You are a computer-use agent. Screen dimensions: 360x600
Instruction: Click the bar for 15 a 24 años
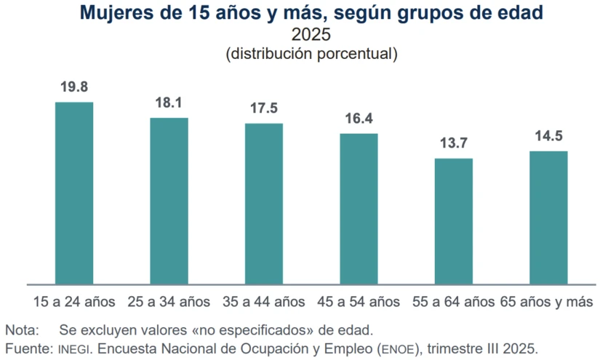coord(74,193)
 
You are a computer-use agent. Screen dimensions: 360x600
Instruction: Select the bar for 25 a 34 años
coord(169,201)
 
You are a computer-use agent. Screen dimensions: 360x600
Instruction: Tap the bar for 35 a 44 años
coord(264,204)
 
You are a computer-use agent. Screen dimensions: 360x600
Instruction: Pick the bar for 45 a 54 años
coord(359,209)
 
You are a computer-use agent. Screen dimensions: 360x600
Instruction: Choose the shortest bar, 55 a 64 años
coord(454,221)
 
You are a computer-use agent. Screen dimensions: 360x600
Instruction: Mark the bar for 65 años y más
coord(548,217)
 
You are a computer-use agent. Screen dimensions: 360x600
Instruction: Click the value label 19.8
coord(74,87)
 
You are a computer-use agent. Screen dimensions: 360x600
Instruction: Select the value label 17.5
coord(264,108)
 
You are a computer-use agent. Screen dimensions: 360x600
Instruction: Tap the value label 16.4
coord(359,119)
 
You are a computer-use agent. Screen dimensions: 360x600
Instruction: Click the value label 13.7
coord(454,143)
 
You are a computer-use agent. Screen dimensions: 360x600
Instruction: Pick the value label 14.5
coord(548,136)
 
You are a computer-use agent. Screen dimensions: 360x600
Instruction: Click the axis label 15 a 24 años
coord(74,301)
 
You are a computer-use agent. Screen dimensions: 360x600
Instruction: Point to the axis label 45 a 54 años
coord(359,301)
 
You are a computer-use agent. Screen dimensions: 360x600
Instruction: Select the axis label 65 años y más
coord(546,301)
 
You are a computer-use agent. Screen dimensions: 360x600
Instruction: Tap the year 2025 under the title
coord(311,34)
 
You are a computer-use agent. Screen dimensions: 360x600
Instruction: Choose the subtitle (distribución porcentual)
coord(311,53)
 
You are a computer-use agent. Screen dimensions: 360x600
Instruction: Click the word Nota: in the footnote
coord(23,328)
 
